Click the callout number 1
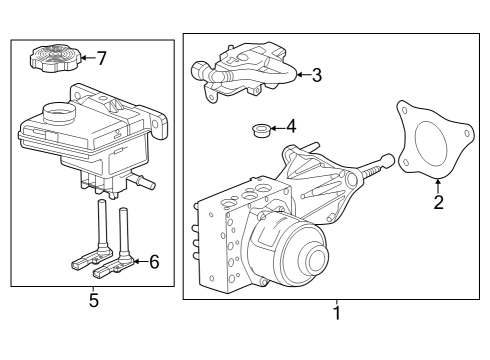337,313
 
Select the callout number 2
437,203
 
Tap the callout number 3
316,74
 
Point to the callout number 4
291,127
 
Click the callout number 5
94,300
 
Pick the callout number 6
154,262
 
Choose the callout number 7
101,58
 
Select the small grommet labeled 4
260,130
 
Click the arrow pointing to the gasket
437,183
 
